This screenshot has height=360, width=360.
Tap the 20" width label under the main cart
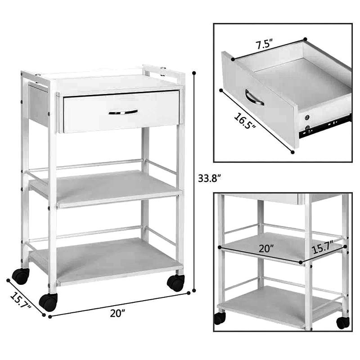117,313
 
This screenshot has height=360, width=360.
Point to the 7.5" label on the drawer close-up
264,44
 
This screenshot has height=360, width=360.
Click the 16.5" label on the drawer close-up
245,121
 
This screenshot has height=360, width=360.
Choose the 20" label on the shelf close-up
266,248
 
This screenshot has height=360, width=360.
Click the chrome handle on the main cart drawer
123,112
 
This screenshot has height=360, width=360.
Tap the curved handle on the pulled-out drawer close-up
254,97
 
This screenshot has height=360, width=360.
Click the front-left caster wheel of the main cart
48,302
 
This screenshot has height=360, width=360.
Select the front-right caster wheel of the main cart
176,283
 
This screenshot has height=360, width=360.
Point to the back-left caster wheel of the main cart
21,276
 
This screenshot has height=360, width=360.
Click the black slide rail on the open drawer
324,127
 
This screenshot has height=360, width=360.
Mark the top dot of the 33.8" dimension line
194,73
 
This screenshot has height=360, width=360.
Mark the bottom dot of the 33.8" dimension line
194,291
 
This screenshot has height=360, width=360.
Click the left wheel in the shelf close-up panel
220,319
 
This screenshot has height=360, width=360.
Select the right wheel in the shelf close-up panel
343,323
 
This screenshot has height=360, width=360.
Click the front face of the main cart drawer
121,112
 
